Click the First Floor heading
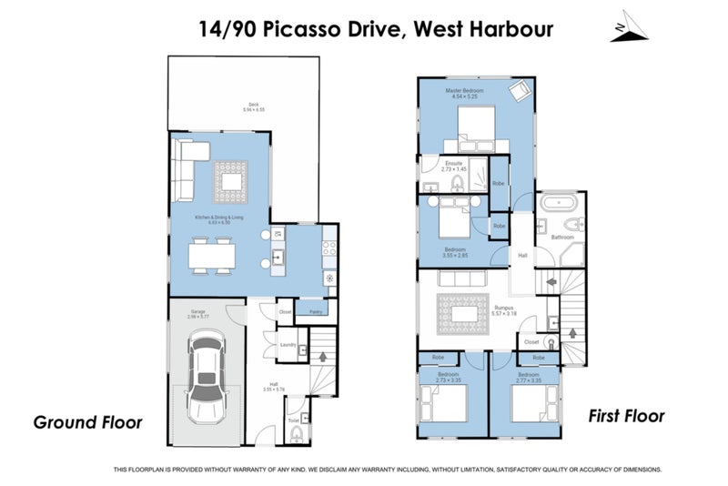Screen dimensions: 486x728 (627, 416)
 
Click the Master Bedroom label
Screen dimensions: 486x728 (464, 93)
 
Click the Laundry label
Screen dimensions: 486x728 (285, 345)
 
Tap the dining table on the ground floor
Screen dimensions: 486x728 (215, 254)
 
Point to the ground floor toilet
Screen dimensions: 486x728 (297, 437)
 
